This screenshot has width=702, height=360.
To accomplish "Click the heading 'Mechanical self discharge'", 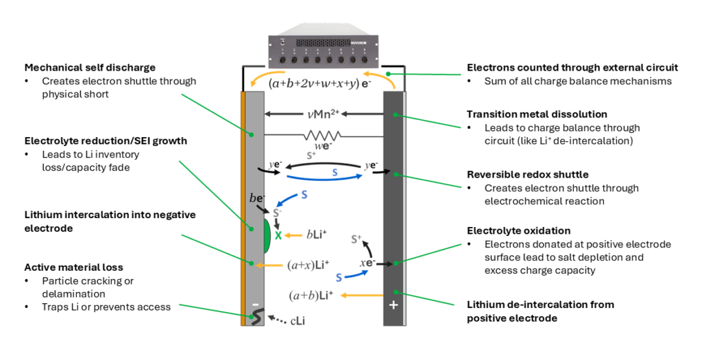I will tap(90, 67).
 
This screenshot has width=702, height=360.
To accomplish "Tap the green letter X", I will tap(278, 235).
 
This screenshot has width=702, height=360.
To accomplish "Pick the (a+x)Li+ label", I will tap(308, 264).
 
